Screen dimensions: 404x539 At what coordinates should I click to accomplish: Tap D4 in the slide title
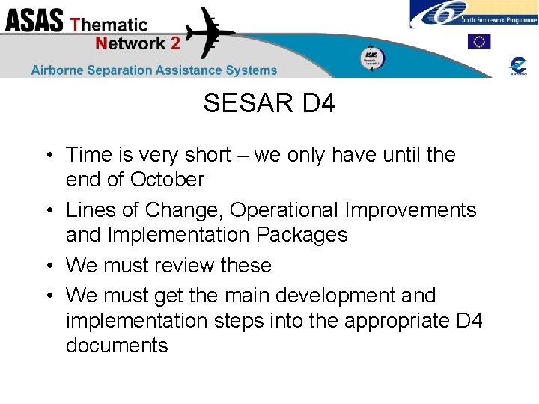pos(318,104)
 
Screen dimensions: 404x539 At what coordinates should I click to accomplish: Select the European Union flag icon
pos(479,42)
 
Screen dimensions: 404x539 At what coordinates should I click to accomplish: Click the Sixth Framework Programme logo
pos(473,14)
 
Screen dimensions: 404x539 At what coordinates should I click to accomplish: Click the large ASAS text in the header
pos(34,21)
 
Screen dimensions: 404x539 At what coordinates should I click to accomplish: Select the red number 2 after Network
pos(174,43)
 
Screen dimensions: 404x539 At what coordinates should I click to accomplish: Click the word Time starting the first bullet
pos(87,155)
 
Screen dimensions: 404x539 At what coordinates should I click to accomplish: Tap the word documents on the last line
pos(117,346)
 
